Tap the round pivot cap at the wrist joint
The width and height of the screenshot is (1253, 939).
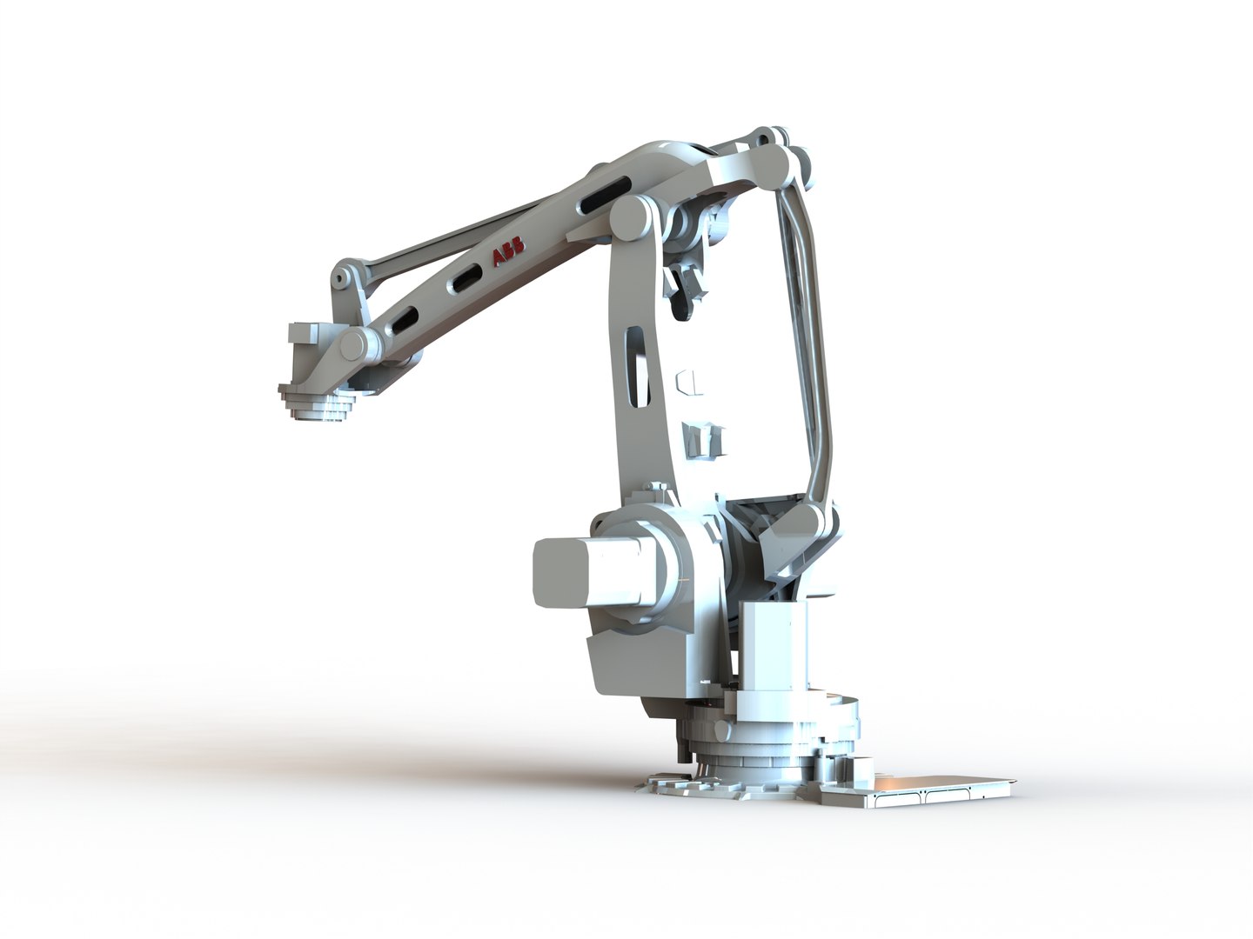click(354, 344)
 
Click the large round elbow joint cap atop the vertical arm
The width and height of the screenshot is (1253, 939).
click(633, 216)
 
